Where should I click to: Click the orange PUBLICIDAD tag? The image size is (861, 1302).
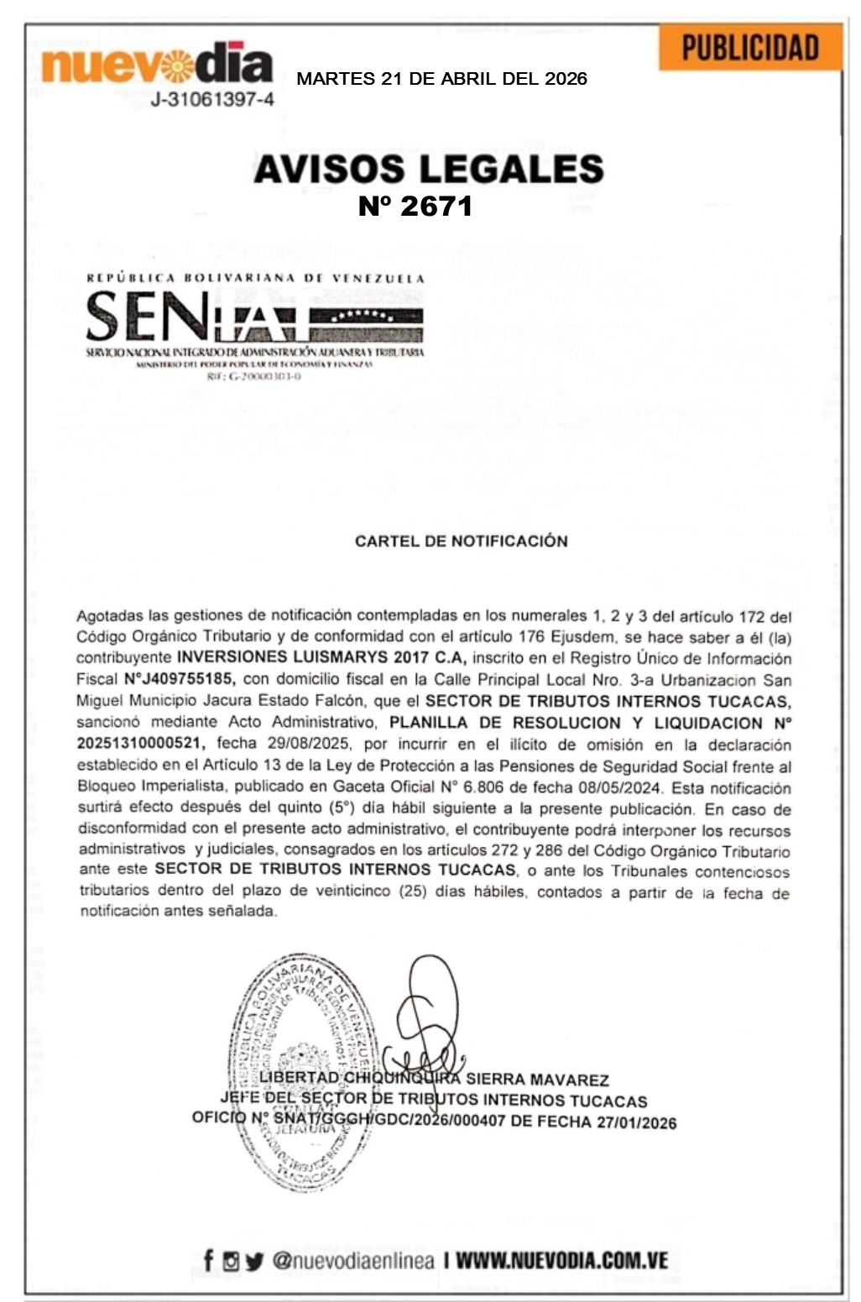click(x=749, y=48)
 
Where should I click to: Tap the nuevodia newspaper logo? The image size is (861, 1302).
click(x=157, y=64)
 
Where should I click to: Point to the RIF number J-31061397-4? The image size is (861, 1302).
click(x=212, y=100)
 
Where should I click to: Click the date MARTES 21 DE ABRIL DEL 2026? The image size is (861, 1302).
click(x=442, y=79)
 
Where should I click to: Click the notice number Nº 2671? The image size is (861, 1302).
click(x=415, y=206)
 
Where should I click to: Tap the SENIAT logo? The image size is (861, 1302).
click(x=254, y=323)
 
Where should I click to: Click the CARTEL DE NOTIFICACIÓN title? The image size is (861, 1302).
click(x=461, y=541)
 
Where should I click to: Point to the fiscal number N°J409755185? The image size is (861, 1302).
click(x=177, y=679)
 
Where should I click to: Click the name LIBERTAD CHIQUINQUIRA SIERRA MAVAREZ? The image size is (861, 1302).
click(x=434, y=1080)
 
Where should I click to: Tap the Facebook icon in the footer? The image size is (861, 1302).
click(x=208, y=1260)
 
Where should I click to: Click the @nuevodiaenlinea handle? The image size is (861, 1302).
click(x=353, y=1261)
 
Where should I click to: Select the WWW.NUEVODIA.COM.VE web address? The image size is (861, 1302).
click(x=561, y=1261)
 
